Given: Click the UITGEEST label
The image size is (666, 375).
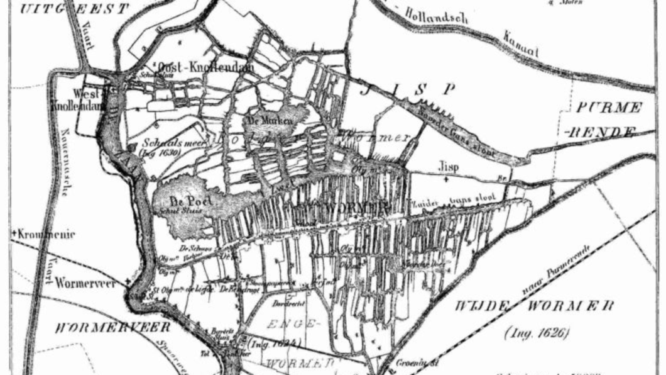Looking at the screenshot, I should pyautogui.click(x=74, y=8).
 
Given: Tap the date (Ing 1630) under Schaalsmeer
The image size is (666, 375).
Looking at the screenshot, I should pyautogui.click(x=160, y=152).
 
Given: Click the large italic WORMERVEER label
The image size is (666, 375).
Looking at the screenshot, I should pyautogui.click(x=113, y=327).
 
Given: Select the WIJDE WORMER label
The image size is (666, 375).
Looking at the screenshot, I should pyautogui.click(x=533, y=306).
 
